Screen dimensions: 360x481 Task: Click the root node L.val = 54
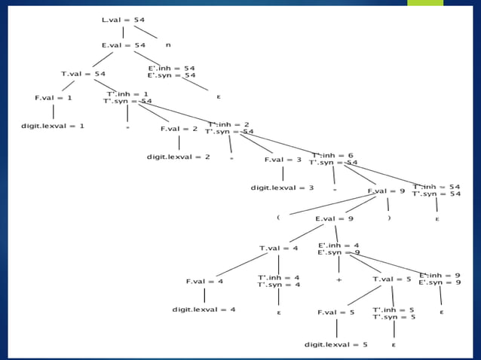click(123, 18)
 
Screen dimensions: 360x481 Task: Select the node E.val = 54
click(123, 45)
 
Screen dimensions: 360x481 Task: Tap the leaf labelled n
click(168, 45)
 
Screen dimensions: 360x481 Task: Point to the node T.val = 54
click(83, 73)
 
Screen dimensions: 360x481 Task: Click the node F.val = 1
click(53, 98)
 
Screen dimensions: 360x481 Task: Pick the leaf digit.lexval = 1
click(52, 126)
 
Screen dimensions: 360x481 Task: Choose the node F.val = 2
click(179, 129)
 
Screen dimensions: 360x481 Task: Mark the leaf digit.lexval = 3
click(283, 188)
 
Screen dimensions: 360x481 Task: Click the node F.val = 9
click(386, 191)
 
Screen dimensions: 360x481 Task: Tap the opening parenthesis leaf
click(278, 217)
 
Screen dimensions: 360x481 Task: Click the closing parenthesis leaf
click(389, 218)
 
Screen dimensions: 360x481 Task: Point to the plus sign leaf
click(339, 279)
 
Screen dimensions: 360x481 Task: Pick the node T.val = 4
click(278, 248)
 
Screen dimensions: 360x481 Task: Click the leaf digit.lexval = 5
click(336, 344)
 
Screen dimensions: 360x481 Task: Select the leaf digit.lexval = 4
click(204, 310)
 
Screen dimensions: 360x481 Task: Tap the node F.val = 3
click(283, 160)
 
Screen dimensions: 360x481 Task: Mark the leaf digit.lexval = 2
click(178, 157)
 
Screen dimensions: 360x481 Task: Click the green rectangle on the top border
click(425, 3)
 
